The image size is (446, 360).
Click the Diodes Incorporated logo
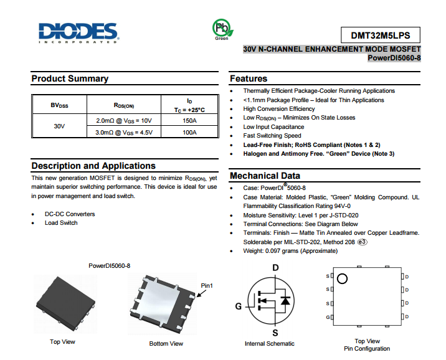77,33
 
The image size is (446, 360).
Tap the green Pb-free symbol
221,27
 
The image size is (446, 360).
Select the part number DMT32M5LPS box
381,35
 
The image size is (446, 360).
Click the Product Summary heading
70,78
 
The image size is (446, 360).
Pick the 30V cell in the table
59,126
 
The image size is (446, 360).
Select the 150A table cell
189,120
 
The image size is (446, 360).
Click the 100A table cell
189,132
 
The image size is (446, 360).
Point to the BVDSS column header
59,105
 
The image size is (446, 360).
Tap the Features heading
249,78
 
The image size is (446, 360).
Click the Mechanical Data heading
265,176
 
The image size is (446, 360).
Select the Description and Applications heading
93,166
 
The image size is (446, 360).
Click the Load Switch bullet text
61,223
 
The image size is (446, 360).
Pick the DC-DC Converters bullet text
70,214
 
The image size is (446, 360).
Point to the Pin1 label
207,286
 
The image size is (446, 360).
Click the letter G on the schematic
238,306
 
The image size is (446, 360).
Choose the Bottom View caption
166,343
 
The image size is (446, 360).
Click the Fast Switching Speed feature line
272,135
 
